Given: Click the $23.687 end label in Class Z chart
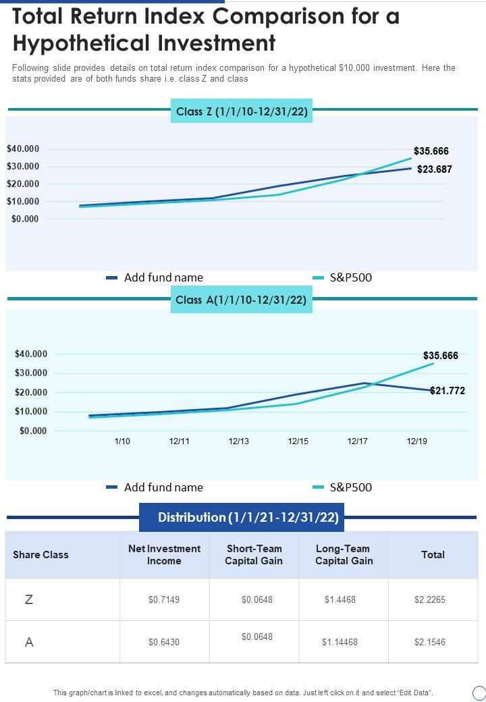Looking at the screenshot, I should [434, 169].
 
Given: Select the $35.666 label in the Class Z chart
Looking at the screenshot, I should [431, 151].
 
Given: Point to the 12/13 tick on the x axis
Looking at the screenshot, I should [239, 441].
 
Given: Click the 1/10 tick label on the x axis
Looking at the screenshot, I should [122, 441].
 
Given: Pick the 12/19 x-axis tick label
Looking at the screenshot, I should [416, 441].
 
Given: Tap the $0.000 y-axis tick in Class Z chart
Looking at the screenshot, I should [25, 219].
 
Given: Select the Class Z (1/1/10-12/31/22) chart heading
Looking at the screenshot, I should [242, 112].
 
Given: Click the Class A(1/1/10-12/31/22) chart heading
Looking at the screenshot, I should [242, 300].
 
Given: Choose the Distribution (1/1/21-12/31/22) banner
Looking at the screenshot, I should [248, 518].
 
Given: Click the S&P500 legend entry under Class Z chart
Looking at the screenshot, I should [350, 277].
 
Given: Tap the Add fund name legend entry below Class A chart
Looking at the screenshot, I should [163, 487].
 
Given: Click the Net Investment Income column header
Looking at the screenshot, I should [164, 555].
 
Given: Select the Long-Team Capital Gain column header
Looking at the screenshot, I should [344, 555].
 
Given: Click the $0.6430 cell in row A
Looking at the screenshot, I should [164, 642].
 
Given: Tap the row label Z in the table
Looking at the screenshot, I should [29, 599].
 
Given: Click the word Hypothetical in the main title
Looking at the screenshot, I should [81, 43].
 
